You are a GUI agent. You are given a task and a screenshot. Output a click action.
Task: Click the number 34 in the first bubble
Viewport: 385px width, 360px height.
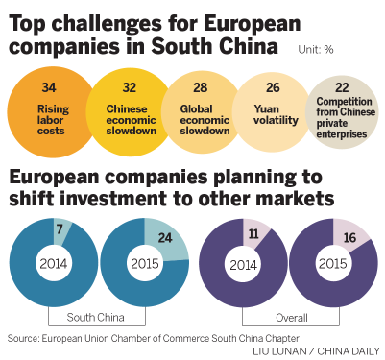[48, 87]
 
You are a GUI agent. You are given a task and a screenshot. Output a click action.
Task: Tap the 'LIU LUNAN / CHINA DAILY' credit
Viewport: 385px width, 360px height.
[314, 351]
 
